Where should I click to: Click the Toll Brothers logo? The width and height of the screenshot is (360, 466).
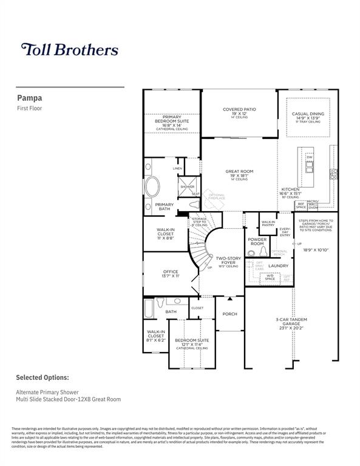pos(70,50)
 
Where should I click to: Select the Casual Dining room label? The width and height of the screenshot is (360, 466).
pos(308,113)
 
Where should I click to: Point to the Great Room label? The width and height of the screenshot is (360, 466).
pos(239,172)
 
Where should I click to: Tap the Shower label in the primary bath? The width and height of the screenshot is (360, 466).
pos(187,186)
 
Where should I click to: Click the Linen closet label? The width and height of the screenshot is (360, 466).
pos(177,168)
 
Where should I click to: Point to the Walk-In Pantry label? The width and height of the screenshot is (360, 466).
pos(268,223)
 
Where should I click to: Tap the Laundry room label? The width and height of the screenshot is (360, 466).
pos(278,265)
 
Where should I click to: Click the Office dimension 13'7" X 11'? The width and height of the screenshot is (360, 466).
pos(171,276)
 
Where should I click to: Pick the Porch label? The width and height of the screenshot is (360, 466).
pos(229,314)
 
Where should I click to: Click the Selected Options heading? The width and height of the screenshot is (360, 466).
pos(42,377)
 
